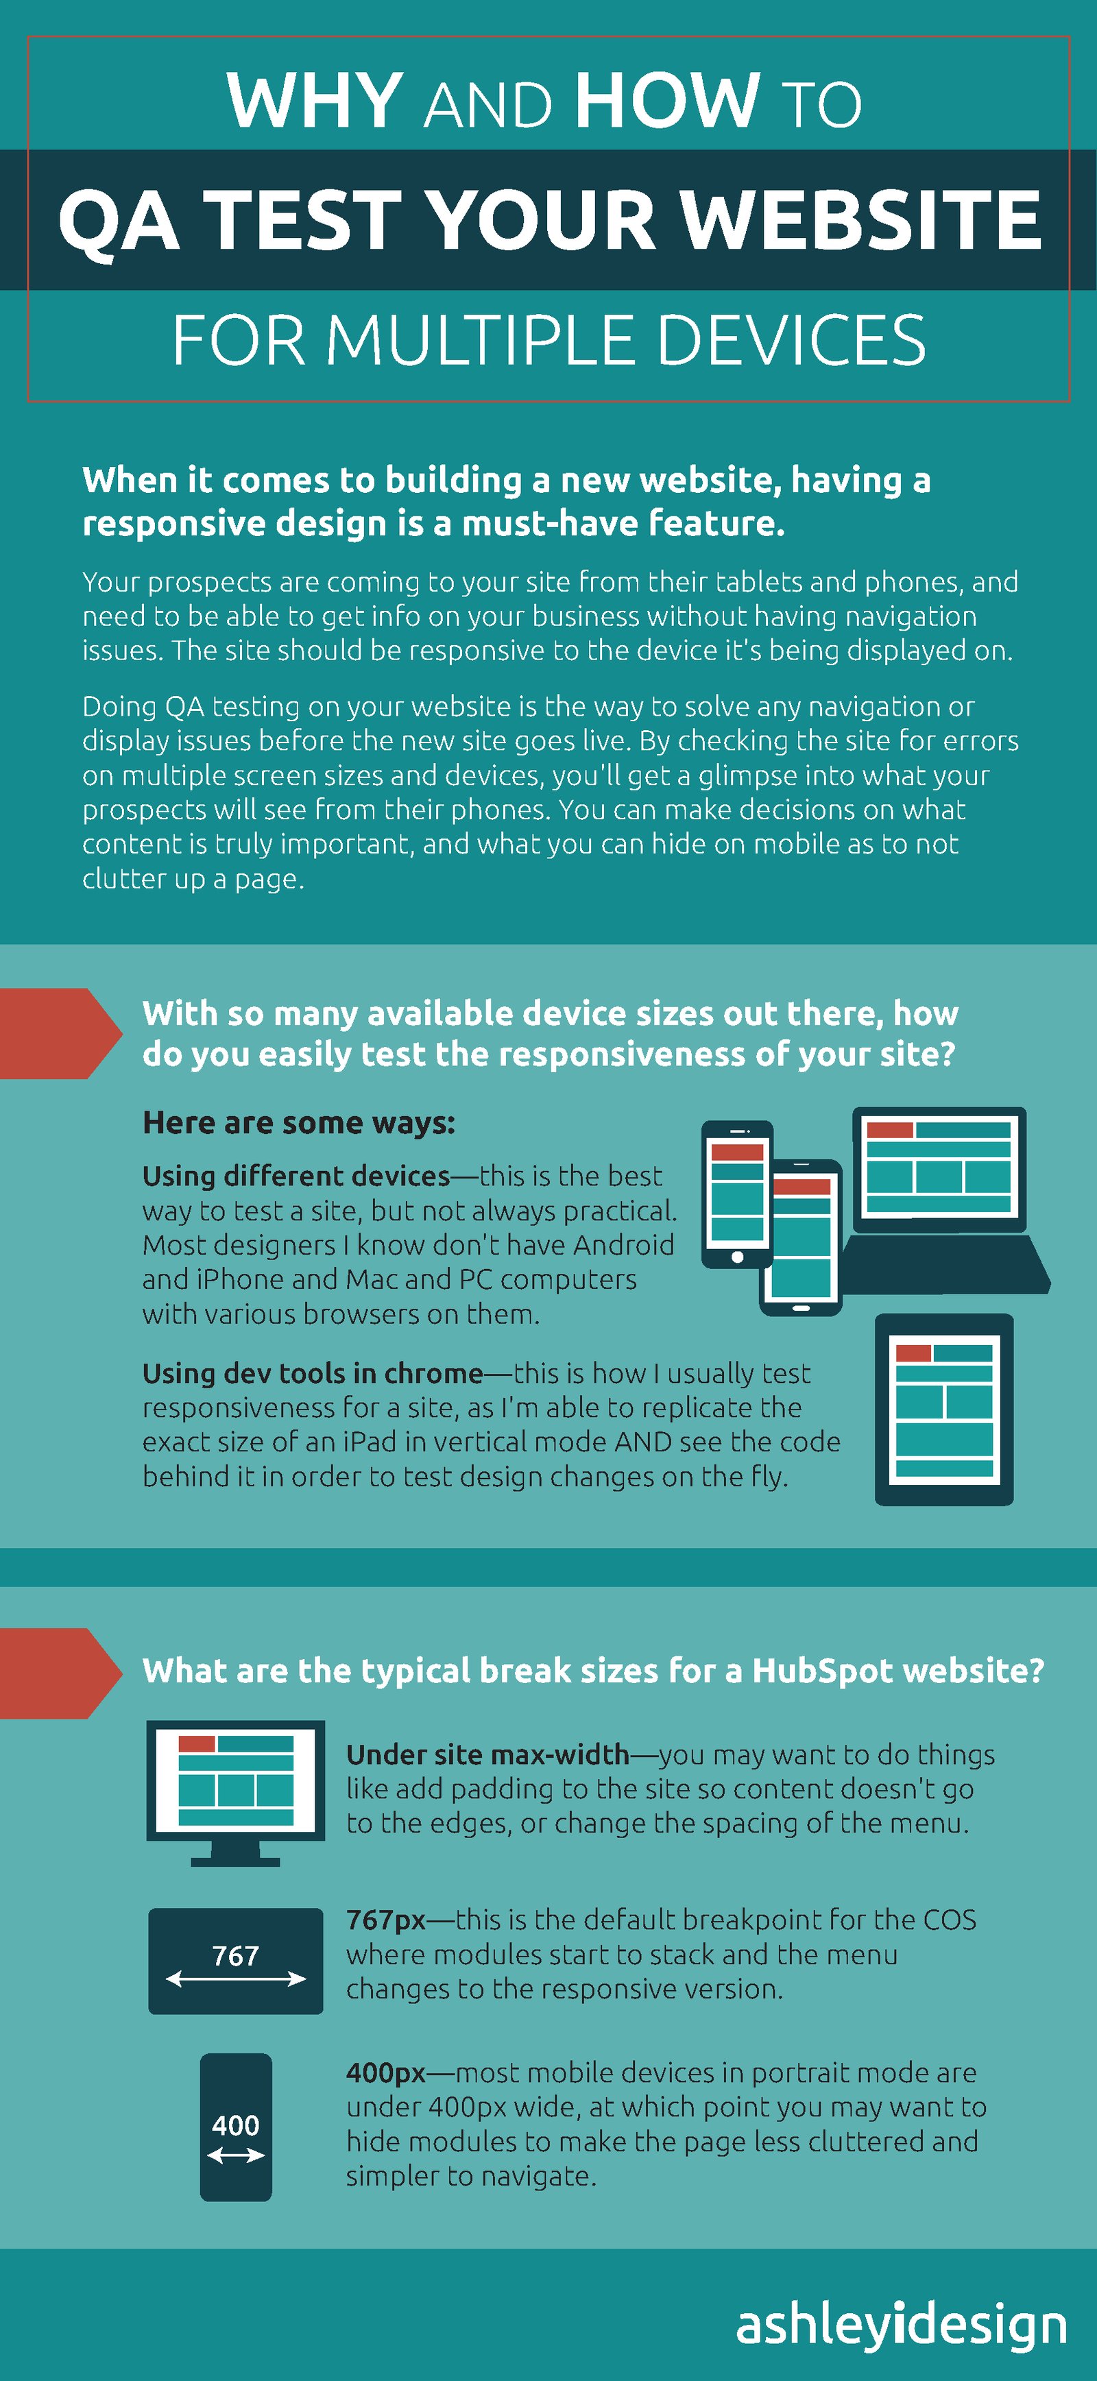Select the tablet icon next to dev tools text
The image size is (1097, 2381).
[x=943, y=1409]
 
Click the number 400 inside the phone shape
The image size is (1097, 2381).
[x=236, y=2125]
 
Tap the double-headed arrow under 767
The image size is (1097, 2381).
[x=236, y=1979]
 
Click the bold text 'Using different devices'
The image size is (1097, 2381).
[x=296, y=1176]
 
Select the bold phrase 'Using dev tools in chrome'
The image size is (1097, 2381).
[x=313, y=1373]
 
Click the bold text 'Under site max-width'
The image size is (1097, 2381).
[x=487, y=1754]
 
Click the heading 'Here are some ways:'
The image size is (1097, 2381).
[x=298, y=1122]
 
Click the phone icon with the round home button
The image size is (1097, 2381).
[x=736, y=1194]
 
